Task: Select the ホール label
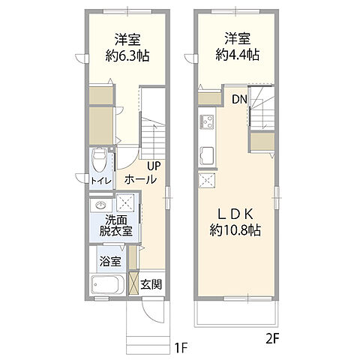[x=140, y=180]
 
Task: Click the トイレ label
[x=101, y=181]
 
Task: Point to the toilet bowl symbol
[x=99, y=158]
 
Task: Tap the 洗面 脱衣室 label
[x=115, y=226]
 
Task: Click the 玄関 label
[x=151, y=284]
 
